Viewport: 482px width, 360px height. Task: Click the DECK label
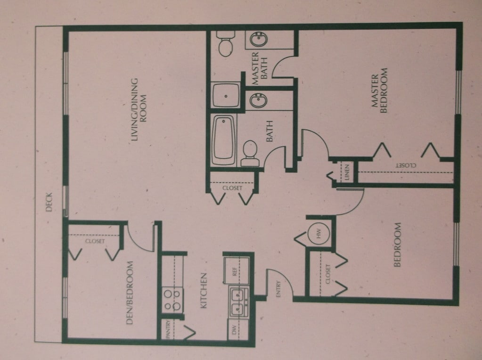pos(49,202)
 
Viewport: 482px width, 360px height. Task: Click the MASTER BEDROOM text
pos(379,90)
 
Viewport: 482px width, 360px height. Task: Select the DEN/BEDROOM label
pos(130,293)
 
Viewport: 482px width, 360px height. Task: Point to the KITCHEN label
pos(204,291)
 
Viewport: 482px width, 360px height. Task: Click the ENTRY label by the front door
pos(278,289)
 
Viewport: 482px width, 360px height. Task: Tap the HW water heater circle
pos(319,233)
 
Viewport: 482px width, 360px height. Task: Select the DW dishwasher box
pos(238,329)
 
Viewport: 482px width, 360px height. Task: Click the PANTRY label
pos(168,330)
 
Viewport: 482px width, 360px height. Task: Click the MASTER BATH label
pos(260,68)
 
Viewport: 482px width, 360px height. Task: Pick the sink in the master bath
pos(259,40)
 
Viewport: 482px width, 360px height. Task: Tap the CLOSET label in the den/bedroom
pos(95,241)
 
